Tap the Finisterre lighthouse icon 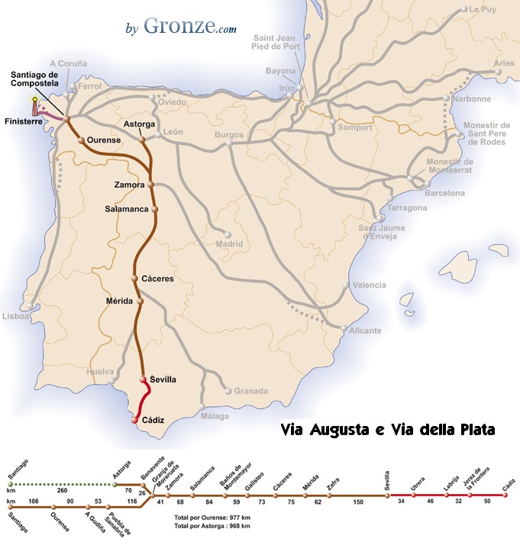tap(34, 110)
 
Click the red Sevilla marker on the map tap(143, 379)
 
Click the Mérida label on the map tap(120, 301)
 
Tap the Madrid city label tap(229, 244)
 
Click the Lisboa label tap(15, 316)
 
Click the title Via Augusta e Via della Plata tap(387, 431)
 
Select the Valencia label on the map tap(370, 285)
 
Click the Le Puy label tap(483, 9)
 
